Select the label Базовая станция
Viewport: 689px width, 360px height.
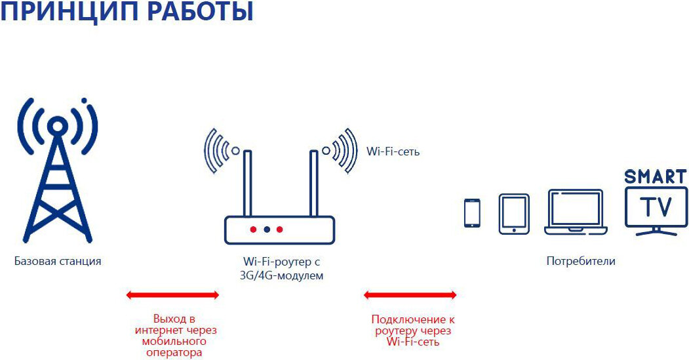(x=58, y=261)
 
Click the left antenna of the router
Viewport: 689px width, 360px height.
(x=247, y=183)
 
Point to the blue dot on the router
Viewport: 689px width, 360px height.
(x=267, y=230)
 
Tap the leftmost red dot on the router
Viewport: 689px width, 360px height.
(x=253, y=230)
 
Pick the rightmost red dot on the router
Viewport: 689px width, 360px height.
(x=280, y=230)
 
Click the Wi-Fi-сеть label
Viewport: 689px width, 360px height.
(x=393, y=151)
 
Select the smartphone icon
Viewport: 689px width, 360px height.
(x=472, y=213)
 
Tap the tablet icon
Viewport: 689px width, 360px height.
(x=513, y=213)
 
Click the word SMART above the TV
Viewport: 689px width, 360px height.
(x=655, y=176)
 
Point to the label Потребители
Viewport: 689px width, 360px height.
(x=581, y=261)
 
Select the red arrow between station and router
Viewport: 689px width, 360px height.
(x=172, y=295)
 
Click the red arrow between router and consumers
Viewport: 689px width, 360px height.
(x=410, y=295)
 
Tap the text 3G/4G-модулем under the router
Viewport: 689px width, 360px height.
(x=282, y=276)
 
